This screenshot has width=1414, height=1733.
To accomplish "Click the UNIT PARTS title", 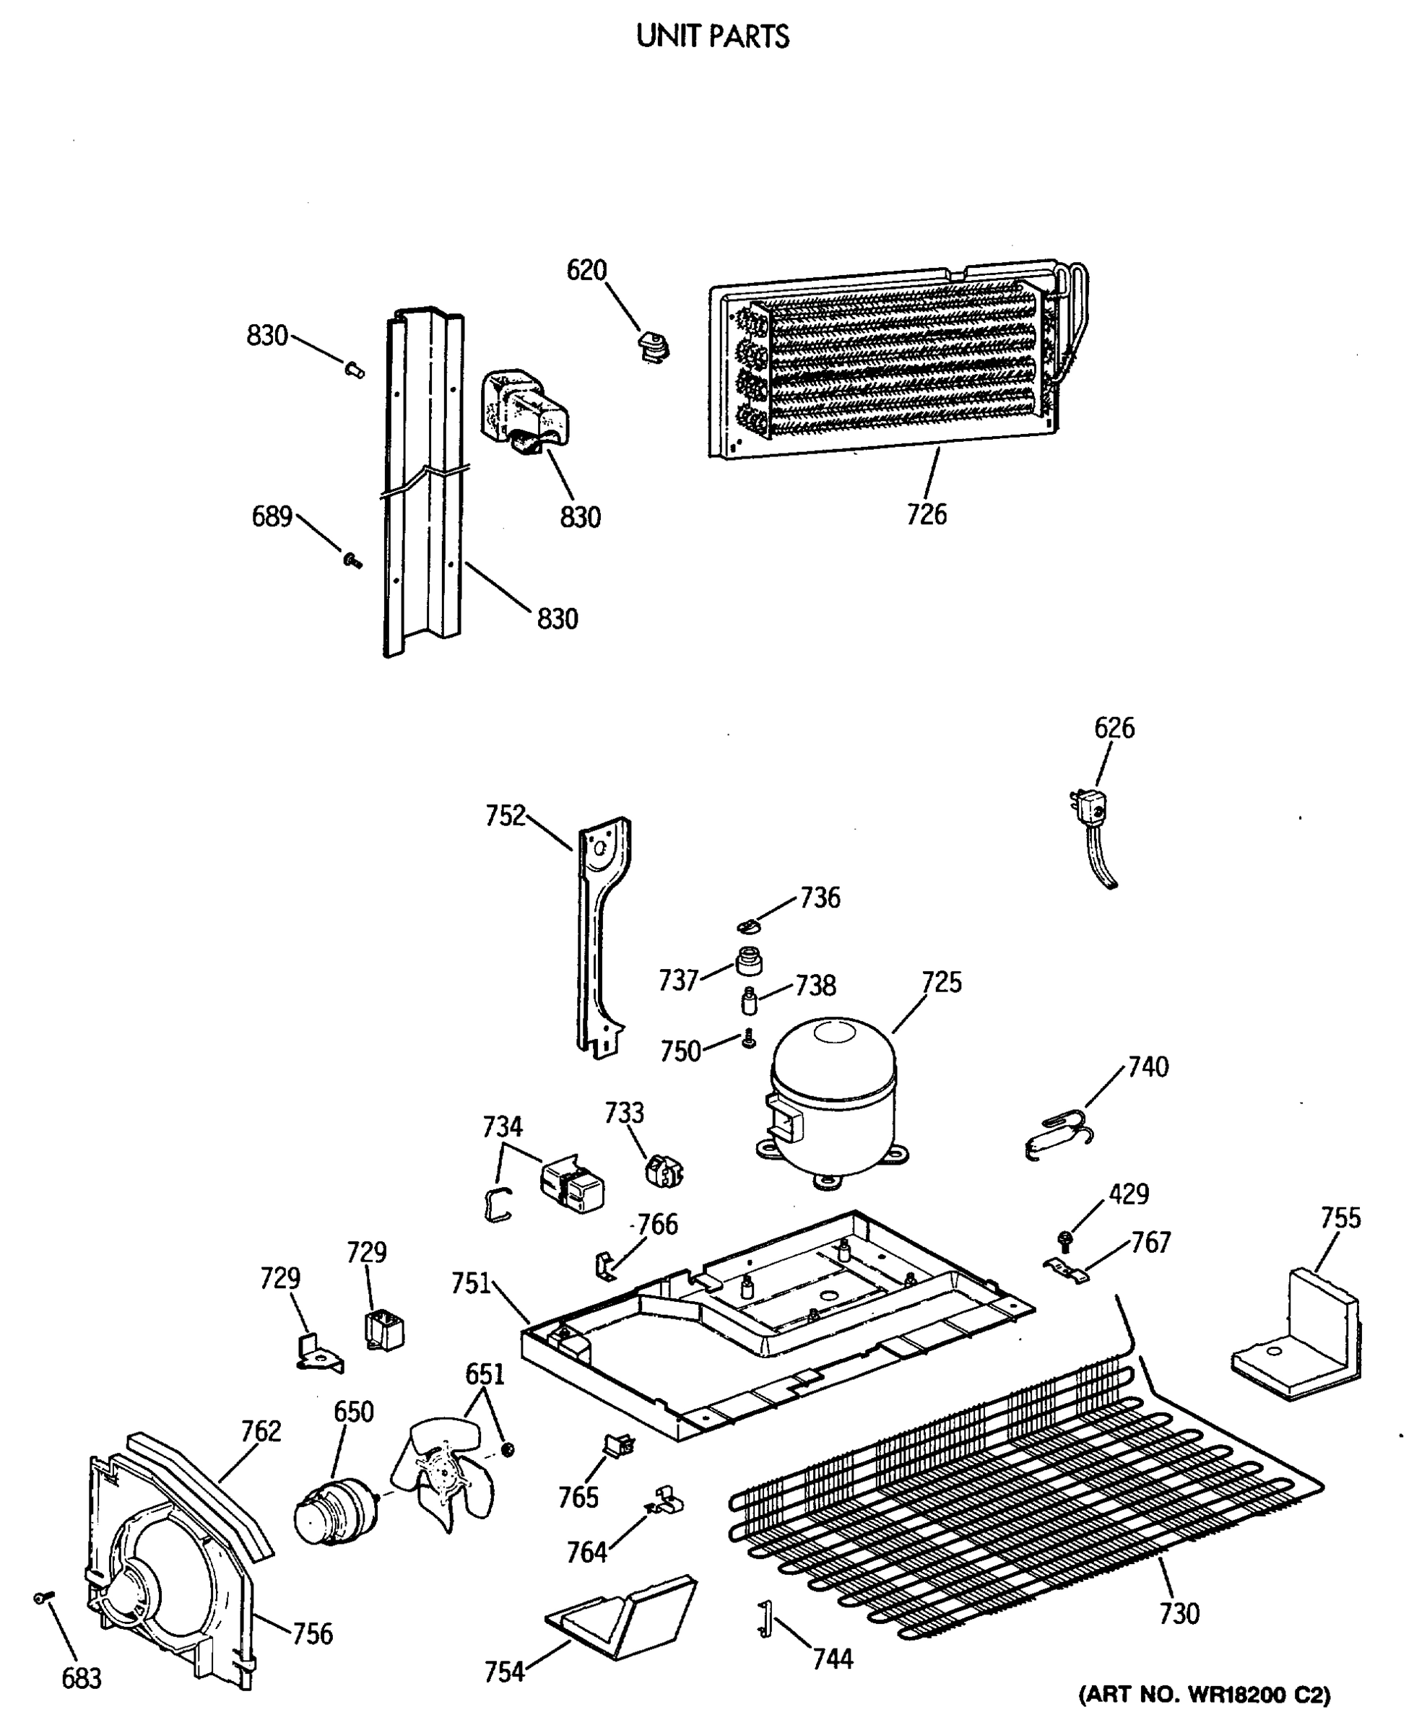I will [x=713, y=37].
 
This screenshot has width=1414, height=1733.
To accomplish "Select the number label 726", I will [x=927, y=515].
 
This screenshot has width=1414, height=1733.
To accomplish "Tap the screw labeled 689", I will [x=352, y=560].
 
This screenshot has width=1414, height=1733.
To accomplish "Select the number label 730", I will [x=1178, y=1613].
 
